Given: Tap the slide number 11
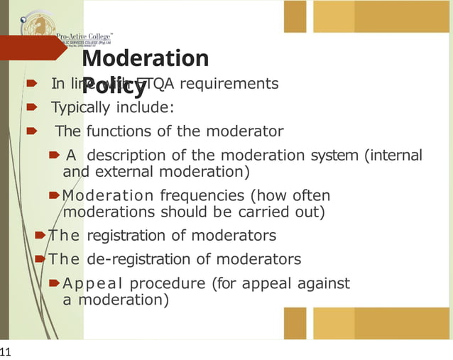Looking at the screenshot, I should [x=5, y=351].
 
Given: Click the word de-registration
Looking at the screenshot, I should [x=133, y=258].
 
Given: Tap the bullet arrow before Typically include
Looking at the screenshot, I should [x=32, y=108].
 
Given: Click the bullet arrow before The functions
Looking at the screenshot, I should [x=32, y=131].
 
